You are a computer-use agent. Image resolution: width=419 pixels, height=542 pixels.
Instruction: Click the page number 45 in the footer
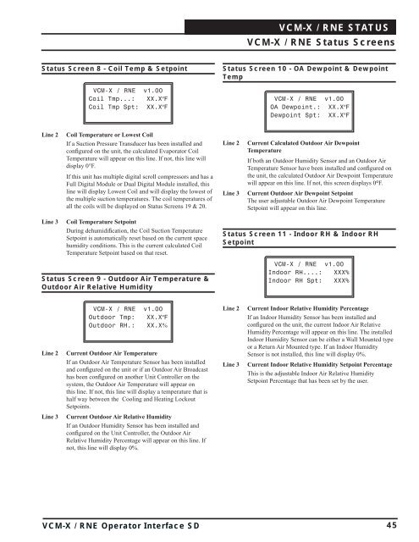coord(391,525)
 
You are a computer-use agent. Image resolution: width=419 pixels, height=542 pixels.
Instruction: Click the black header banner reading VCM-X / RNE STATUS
coord(290,27)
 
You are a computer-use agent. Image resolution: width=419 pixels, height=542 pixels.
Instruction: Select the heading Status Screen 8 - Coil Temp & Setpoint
coord(114,69)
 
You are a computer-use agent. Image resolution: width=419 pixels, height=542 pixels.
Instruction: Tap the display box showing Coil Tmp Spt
coord(128,103)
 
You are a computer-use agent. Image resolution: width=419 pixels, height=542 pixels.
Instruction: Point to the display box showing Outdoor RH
coord(128,322)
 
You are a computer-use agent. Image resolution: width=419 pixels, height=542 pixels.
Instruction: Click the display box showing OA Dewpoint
coord(309,111)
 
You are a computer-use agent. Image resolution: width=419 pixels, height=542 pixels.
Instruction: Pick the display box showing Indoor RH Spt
coord(309,277)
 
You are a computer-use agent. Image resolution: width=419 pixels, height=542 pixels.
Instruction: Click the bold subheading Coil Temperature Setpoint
coord(102,222)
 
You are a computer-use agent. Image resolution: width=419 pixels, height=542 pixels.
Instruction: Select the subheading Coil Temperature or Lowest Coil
coord(109,135)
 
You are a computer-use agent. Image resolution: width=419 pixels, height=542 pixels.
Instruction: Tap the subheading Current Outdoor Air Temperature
coord(112,353)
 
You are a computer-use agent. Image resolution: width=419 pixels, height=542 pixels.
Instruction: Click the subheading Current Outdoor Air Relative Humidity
coord(119,417)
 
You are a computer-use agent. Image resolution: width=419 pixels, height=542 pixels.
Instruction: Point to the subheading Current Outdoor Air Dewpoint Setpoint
coord(300,193)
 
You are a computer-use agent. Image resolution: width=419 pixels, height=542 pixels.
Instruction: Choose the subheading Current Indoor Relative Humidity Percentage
coord(308,308)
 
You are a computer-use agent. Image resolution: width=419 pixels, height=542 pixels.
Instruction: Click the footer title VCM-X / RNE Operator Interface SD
coord(121,526)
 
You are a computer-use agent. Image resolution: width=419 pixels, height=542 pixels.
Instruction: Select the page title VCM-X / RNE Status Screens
coord(321,42)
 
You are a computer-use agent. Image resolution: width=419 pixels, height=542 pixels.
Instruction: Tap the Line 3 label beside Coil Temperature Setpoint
coord(50,222)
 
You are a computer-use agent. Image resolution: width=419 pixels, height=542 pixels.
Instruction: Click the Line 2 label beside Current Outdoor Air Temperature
coord(50,353)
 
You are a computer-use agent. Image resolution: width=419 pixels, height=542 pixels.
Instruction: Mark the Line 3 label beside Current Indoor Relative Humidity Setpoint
coord(231,365)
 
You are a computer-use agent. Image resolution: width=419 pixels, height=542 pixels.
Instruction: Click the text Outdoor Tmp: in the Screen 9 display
coord(112,318)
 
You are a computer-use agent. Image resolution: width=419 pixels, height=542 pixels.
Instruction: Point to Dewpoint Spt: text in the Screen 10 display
coord(295,115)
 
